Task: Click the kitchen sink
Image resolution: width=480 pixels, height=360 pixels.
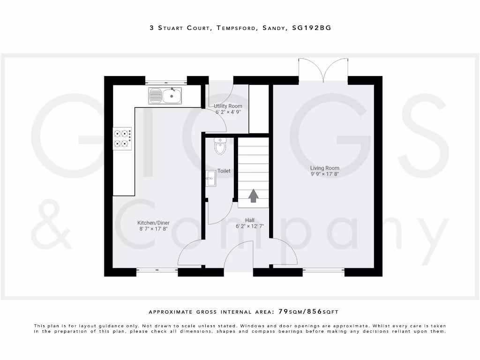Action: click(x=165, y=96)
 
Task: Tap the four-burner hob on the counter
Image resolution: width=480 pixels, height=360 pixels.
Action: click(x=122, y=138)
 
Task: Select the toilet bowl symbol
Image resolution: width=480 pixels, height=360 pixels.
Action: click(x=220, y=146)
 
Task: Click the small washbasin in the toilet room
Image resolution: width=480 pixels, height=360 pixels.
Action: click(x=210, y=177)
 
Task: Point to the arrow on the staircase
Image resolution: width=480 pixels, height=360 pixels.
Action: click(x=253, y=196)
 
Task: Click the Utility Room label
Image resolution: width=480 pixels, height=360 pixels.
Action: click(x=228, y=106)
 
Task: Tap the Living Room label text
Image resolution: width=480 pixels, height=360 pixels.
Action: click(x=324, y=168)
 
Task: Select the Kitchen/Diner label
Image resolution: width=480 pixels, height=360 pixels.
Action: click(x=153, y=223)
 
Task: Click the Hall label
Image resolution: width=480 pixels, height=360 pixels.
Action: click(x=250, y=220)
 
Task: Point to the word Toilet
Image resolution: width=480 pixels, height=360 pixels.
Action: click(x=224, y=171)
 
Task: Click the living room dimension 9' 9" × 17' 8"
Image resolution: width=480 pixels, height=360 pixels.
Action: click(x=324, y=174)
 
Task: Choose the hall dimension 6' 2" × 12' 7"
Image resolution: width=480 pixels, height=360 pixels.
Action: click(x=250, y=226)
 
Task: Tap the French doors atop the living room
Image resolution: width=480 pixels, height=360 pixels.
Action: click(x=323, y=70)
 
